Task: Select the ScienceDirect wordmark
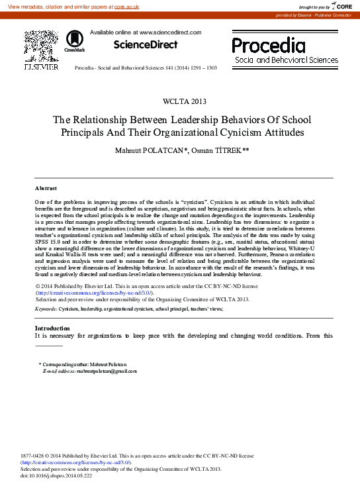pos(145,45)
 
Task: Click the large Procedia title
pos(269,45)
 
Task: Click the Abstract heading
pos(46,188)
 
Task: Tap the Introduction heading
pos(52,328)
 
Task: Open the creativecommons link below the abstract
pos(95,292)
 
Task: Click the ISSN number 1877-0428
pos(34,456)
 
